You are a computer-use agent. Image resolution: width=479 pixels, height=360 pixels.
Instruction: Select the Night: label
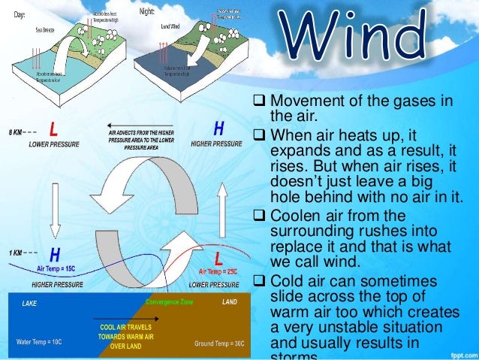[148, 13]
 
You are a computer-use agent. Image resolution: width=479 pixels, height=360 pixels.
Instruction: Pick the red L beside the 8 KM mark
[53, 129]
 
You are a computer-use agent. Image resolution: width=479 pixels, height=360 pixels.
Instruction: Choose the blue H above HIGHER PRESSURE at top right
[218, 129]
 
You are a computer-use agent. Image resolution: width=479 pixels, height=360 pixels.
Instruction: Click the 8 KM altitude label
[14, 132]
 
